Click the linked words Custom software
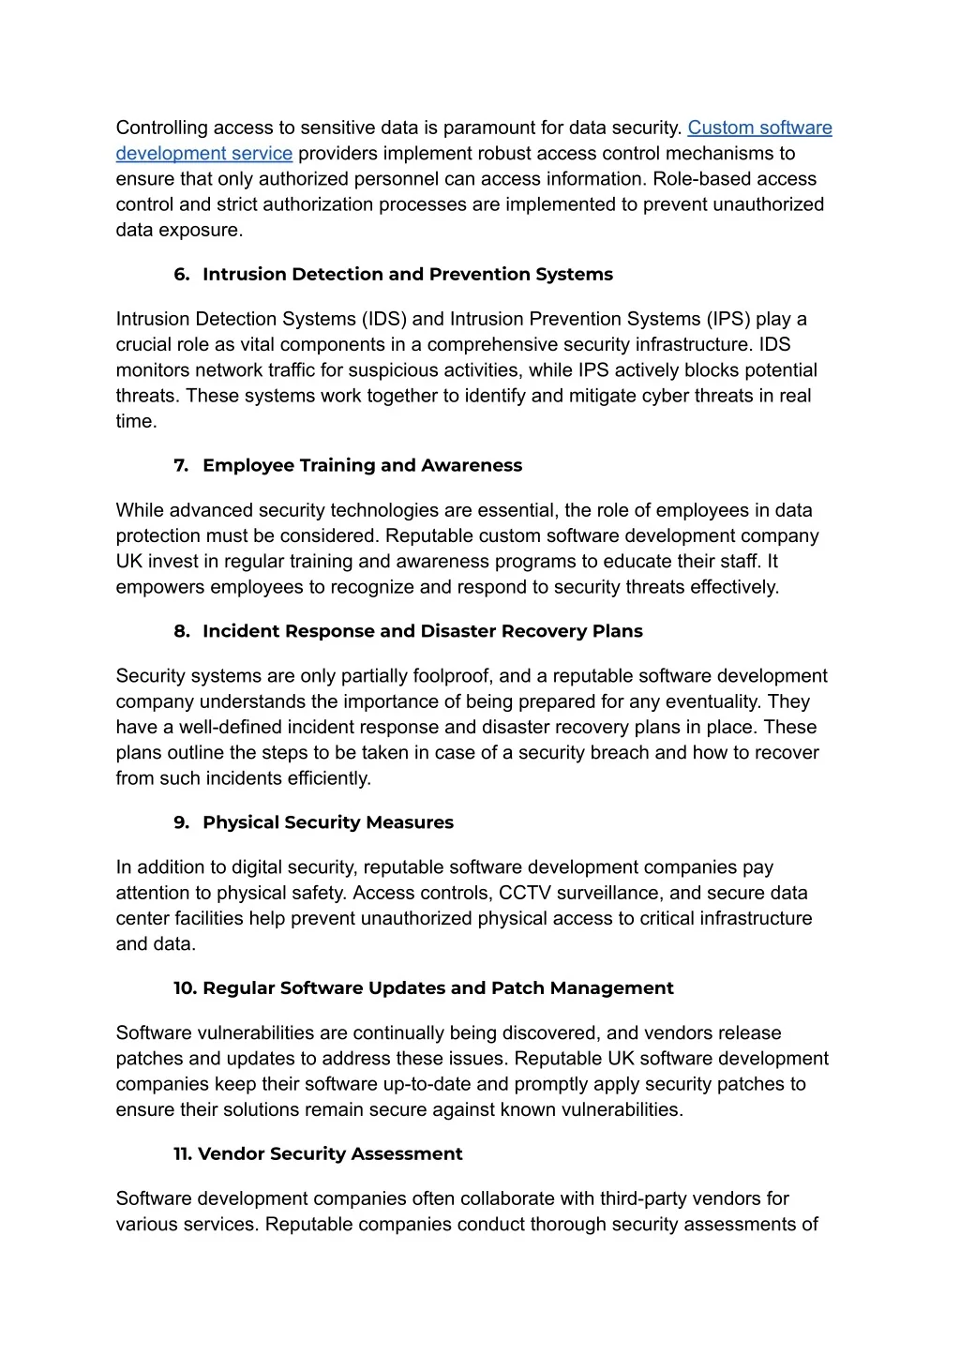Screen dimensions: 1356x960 click(759, 128)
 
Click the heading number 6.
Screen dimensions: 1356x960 click(181, 275)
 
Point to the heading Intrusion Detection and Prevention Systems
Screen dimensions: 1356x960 click(408, 275)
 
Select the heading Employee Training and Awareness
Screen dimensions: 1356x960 click(363, 466)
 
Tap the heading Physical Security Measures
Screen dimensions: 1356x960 click(328, 823)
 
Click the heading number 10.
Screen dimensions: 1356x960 click(185, 988)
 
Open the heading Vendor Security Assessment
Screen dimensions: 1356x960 click(330, 1154)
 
